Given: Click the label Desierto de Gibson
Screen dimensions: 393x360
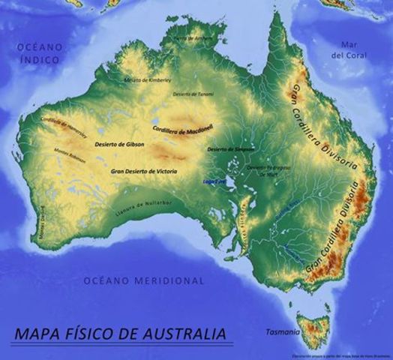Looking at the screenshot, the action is tap(120, 144).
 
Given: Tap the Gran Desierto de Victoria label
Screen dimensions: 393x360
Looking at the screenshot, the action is tap(144, 171).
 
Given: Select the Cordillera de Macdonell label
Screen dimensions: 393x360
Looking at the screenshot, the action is tap(183, 130).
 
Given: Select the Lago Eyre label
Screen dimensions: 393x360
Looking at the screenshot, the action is tap(214, 181).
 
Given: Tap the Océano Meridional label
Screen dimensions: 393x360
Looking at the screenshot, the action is tap(143, 281).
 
